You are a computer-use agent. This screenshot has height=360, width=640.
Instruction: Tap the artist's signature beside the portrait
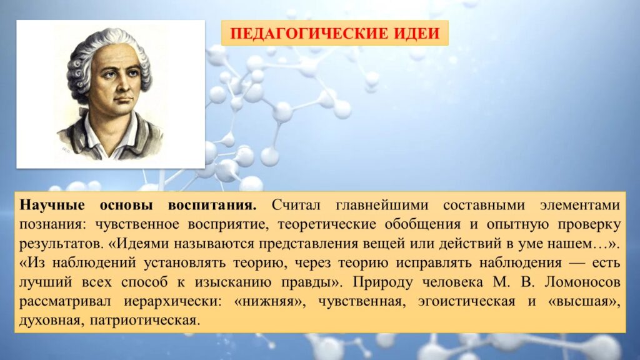point(65,150)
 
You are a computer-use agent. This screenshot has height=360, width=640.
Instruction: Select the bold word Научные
point(52,204)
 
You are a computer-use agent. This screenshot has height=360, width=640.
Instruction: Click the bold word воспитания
point(212,205)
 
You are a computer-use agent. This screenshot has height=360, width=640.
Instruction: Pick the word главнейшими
point(382,205)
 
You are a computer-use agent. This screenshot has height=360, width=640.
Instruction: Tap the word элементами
point(580,205)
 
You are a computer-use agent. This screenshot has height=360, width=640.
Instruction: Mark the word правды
point(314,282)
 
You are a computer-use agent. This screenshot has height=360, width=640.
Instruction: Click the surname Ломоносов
point(582,282)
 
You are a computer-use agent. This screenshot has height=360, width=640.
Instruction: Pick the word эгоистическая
point(466,302)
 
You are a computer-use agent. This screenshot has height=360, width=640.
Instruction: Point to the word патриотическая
point(145,321)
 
